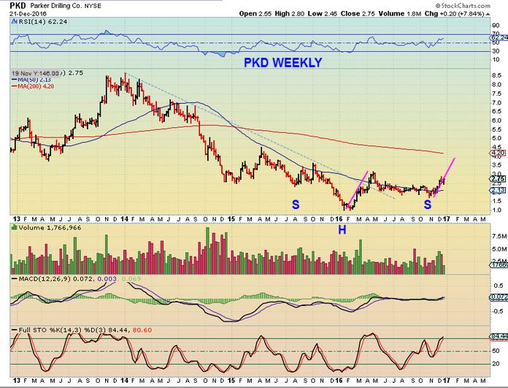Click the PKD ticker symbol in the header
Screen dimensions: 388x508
[x=18, y=6]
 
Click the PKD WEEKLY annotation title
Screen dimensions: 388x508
[x=282, y=62]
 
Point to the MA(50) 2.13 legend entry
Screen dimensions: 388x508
[x=38, y=80]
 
